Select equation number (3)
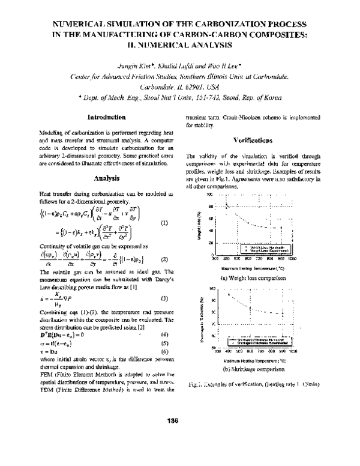[164, 298]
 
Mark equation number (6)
[164, 351]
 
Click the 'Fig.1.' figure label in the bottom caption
[196, 383]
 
